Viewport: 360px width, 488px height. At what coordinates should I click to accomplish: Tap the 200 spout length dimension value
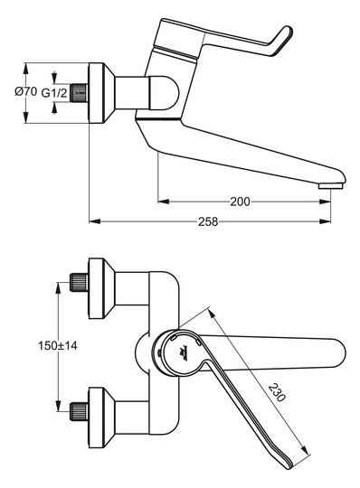click(x=239, y=202)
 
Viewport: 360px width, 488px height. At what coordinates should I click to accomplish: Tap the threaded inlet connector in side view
click(x=81, y=93)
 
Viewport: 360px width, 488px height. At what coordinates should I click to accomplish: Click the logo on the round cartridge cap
click(x=183, y=351)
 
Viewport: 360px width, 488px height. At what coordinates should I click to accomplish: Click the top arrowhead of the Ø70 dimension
click(x=26, y=65)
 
